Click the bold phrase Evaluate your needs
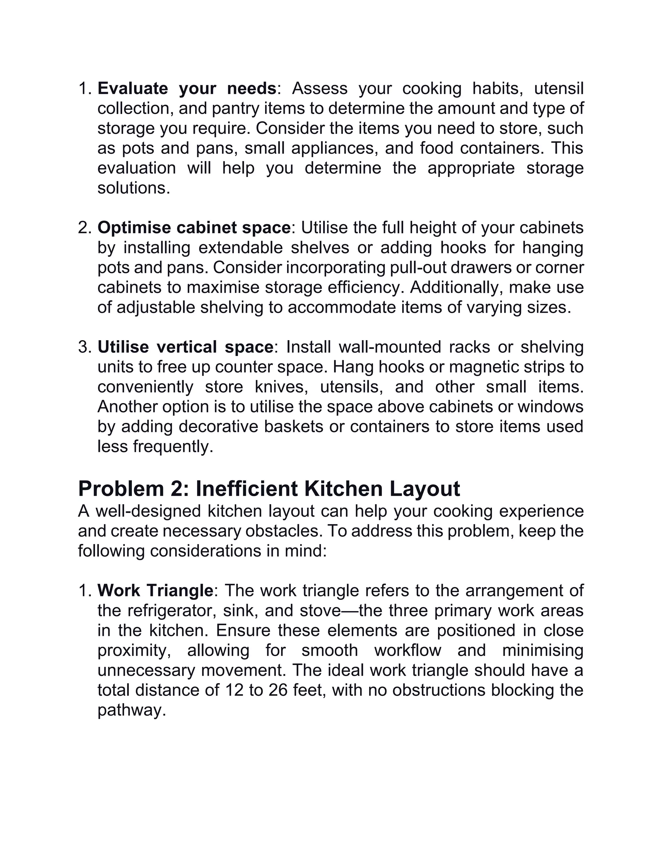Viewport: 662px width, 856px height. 187,89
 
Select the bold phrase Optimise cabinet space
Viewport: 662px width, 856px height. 194,228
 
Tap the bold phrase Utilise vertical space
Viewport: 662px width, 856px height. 185,347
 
